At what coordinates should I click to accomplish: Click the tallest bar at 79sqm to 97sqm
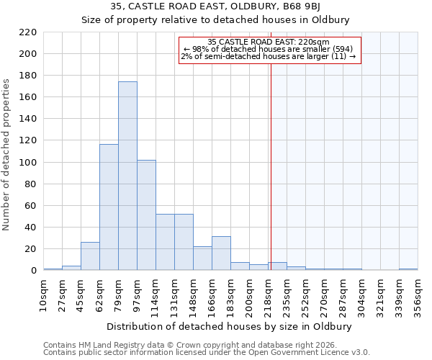[127, 176]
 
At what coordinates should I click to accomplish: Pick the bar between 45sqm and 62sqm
[90, 256]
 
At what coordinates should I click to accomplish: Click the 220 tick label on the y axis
[27, 32]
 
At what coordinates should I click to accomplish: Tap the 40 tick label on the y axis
[30, 228]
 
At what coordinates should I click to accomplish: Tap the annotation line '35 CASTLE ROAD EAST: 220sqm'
[268, 42]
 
